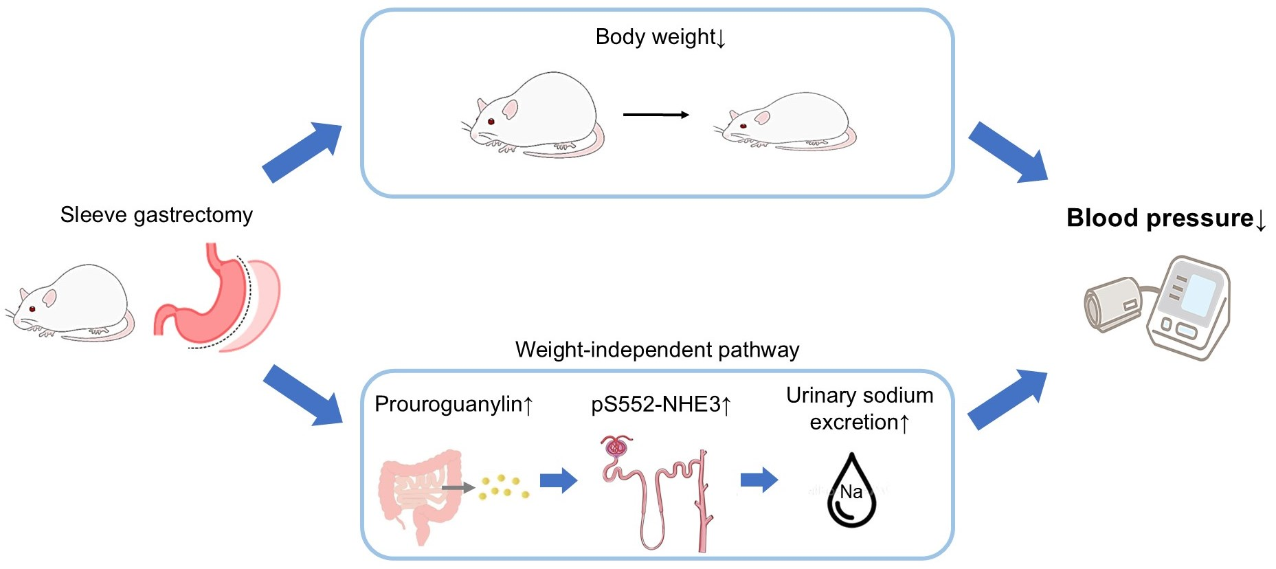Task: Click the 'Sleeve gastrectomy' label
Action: [156, 215]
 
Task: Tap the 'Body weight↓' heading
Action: [660, 37]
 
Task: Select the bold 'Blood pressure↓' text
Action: [1165, 219]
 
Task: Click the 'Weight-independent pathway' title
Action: [657, 350]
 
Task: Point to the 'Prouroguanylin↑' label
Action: [454, 404]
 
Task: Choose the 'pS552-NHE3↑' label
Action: [661, 404]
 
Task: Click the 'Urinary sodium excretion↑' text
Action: [859, 408]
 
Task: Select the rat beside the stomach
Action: [72, 302]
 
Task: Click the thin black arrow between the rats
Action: [656, 115]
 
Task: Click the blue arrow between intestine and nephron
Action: [558, 480]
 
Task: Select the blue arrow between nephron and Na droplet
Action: [759, 480]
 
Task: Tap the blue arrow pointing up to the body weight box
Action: [302, 152]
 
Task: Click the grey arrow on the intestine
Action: [457, 488]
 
